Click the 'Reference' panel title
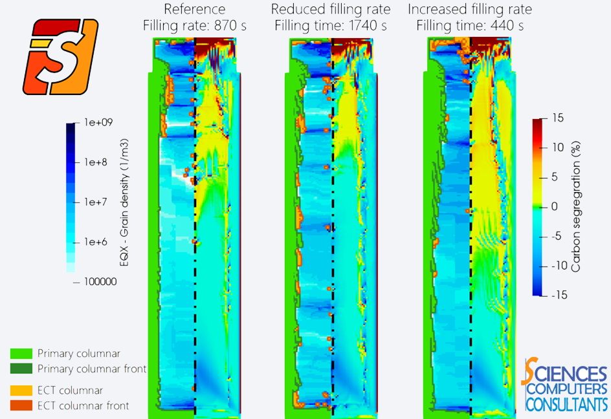(194, 10)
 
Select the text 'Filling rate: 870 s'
(194, 26)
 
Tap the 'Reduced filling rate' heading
(331, 10)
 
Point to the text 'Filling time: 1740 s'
(331, 26)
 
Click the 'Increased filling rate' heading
(469, 10)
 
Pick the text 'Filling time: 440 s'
(469, 26)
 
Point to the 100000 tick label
(100, 281)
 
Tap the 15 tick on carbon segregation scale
(559, 118)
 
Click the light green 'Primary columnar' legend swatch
(21, 354)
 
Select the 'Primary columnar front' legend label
(92, 369)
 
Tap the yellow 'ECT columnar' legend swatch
(21, 391)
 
